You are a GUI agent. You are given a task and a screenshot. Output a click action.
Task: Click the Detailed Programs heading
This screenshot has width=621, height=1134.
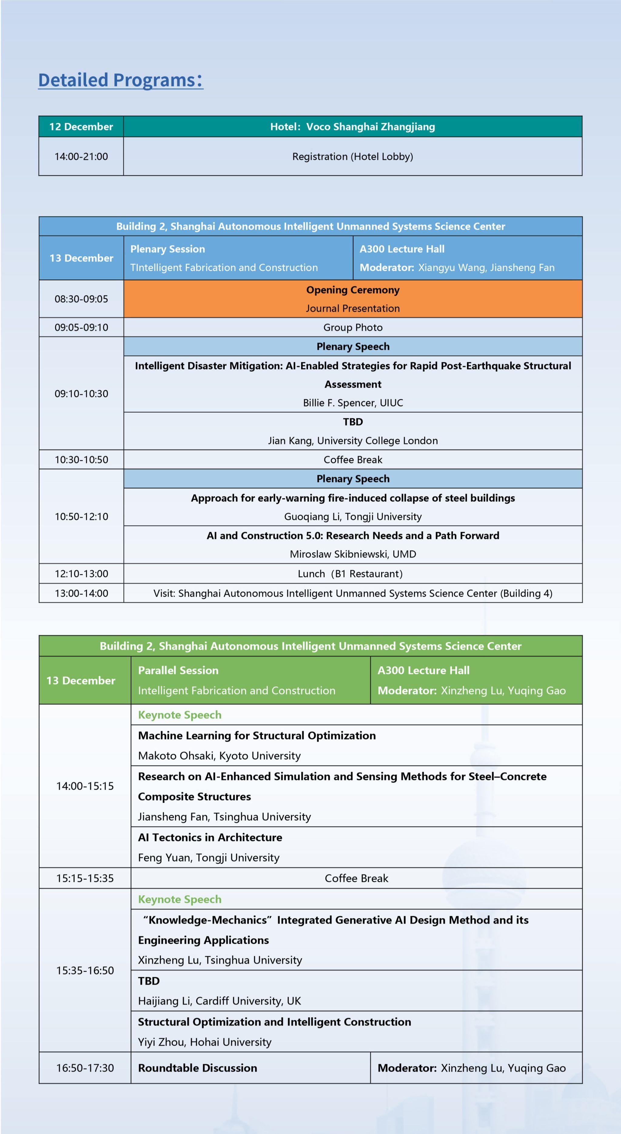coord(120,80)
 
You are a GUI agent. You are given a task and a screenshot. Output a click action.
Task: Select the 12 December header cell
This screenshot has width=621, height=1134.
coord(81,127)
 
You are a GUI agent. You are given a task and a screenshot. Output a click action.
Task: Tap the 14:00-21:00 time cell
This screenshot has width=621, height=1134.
coord(81,156)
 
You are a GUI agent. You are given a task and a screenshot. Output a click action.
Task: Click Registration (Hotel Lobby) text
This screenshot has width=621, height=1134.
coord(353,156)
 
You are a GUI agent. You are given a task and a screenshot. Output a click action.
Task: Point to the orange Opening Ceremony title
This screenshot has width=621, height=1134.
coord(353,290)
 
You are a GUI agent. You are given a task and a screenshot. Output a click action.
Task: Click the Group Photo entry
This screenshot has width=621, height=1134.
coord(353,328)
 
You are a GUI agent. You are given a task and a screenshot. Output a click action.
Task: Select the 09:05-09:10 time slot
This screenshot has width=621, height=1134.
coord(81,328)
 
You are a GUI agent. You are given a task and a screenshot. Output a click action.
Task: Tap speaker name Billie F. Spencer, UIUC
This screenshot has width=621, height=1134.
coord(353,403)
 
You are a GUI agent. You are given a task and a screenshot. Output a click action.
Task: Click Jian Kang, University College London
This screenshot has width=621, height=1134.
coord(353,441)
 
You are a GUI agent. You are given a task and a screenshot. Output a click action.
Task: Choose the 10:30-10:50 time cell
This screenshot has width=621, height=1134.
coord(81,460)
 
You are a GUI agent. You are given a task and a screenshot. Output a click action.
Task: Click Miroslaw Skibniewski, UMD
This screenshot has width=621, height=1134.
coord(353,554)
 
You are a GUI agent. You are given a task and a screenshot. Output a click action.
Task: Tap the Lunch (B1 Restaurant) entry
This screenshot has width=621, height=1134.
coord(350,574)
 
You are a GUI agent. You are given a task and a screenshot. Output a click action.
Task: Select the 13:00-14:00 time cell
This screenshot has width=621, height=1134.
coord(81,593)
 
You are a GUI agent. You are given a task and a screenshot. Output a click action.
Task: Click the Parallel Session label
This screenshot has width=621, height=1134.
coord(178,670)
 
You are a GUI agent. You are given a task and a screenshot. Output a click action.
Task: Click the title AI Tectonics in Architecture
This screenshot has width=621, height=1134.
coord(210,837)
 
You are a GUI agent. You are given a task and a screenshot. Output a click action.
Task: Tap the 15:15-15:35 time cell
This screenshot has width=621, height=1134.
coord(85,878)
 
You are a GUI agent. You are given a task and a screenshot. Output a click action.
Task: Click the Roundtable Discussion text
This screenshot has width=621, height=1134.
coord(198,1068)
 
